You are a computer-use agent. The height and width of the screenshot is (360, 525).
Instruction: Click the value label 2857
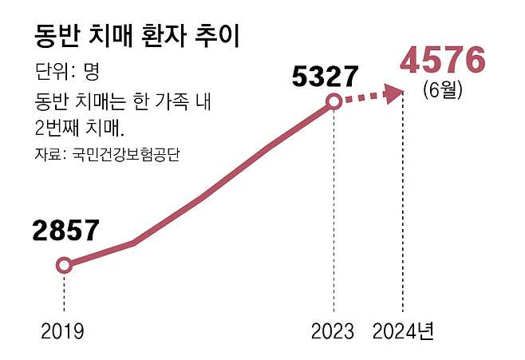[65, 231]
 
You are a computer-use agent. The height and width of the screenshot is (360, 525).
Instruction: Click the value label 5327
[324, 77]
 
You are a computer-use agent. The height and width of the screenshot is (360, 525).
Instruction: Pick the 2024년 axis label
[404, 331]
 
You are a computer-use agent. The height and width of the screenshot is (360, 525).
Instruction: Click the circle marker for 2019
[64, 265]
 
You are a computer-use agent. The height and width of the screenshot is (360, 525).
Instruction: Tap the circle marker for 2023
[334, 101]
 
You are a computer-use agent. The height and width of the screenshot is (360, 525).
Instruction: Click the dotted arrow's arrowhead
[394, 94]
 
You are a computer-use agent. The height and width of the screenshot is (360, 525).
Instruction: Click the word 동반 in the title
[57, 36]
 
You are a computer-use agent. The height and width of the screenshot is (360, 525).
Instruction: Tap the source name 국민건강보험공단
[126, 154]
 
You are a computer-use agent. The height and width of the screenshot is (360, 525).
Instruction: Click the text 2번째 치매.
[81, 128]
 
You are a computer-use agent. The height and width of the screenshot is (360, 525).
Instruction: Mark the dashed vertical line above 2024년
[402, 208]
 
